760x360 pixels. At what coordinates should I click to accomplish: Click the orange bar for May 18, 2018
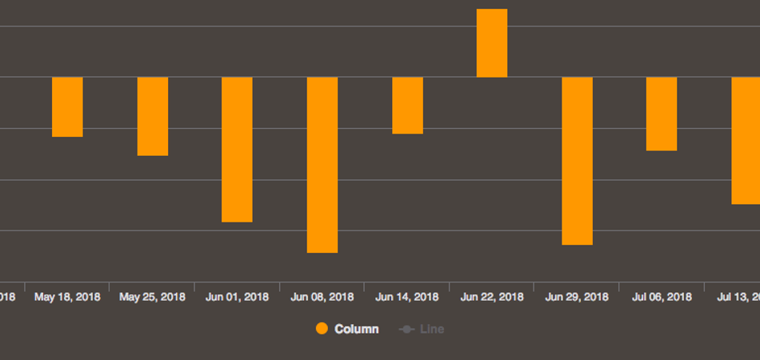pos(67,107)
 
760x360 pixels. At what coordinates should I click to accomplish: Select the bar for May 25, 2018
pos(153,117)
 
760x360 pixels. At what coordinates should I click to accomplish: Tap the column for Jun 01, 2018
pos(237,150)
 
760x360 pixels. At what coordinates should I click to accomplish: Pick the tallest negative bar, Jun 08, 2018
pos(322,165)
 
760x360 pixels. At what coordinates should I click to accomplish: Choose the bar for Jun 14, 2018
pos(407,106)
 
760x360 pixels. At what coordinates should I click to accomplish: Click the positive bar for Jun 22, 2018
pos(492,43)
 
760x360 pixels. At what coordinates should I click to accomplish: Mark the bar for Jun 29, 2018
pos(577,161)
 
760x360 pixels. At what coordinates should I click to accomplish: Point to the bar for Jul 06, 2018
pos(662,114)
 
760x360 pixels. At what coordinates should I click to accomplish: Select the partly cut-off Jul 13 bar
pos(746,141)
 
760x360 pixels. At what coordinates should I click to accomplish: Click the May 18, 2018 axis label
pos(67,297)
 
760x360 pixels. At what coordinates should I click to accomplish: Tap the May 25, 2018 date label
pos(152,297)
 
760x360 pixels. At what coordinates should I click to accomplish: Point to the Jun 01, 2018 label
pos(237,297)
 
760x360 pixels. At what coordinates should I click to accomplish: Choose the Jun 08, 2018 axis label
pos(322,297)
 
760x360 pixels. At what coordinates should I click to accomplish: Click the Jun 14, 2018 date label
pos(406,297)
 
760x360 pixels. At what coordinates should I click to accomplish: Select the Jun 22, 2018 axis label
pos(492,297)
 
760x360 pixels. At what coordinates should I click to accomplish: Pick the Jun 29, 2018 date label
pos(577,297)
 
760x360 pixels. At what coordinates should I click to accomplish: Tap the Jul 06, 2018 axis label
pos(662,297)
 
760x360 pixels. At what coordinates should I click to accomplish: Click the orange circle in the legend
pos(322,329)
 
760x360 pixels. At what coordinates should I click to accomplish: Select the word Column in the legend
pos(356,329)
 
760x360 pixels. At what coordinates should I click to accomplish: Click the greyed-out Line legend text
pos(432,329)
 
